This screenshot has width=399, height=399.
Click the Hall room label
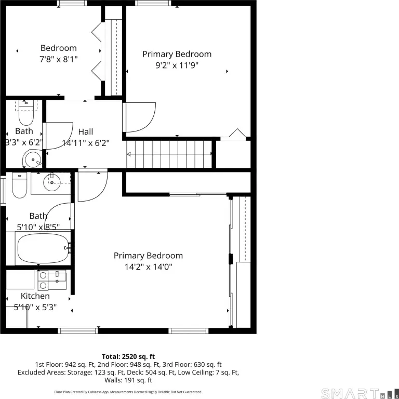[x=86, y=132]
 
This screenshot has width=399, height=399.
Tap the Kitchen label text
[x=35, y=296]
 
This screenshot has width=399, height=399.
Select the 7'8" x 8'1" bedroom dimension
[x=59, y=60]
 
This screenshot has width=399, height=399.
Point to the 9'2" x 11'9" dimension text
[x=177, y=65]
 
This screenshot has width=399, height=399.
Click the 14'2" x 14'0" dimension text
[x=149, y=267]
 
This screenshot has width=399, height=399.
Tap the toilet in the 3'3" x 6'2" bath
[x=26, y=112]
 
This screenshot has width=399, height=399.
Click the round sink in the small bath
[x=33, y=159]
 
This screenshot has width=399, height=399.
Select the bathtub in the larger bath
[x=43, y=248]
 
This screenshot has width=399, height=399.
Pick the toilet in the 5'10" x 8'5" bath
[x=20, y=185]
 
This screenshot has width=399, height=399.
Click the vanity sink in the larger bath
[x=52, y=182]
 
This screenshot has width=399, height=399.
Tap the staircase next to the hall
[x=169, y=154]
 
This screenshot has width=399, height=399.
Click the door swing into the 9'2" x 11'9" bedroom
[x=140, y=117]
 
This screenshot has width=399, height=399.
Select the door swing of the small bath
[x=59, y=136]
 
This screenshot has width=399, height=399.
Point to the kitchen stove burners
[x=43, y=281]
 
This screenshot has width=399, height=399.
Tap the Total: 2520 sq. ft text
[x=128, y=356]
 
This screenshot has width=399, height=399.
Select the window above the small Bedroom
[x=72, y=3]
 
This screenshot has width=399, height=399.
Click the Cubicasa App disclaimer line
[x=128, y=392]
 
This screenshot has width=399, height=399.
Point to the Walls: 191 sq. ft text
[x=128, y=380]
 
